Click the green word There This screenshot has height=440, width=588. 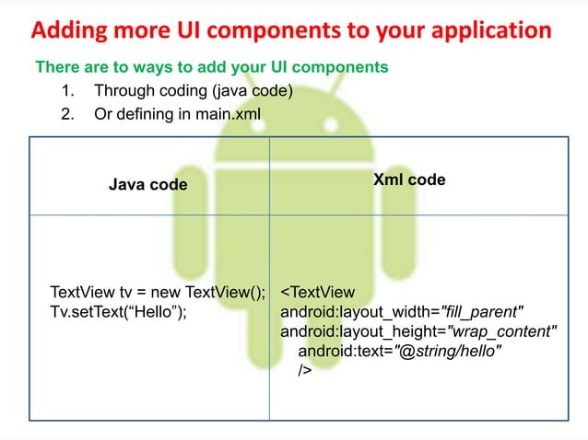pyautogui.click(x=56, y=68)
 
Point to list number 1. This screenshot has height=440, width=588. pyautogui.click(x=66, y=91)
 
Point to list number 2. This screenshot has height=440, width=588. pyautogui.click(x=66, y=114)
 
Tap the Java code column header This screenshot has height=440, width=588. pyautogui.click(x=148, y=185)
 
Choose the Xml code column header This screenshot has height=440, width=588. pyautogui.click(x=408, y=180)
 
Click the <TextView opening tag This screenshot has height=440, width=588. pyautogui.click(x=317, y=293)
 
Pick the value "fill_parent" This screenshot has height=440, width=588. pyautogui.click(x=483, y=312)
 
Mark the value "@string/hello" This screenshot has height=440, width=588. pyautogui.click(x=448, y=351)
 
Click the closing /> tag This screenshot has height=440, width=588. pyautogui.click(x=305, y=370)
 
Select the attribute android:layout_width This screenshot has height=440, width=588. pyautogui.click(x=359, y=312)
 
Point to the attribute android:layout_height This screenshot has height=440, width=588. pyautogui.click(x=361, y=331)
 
